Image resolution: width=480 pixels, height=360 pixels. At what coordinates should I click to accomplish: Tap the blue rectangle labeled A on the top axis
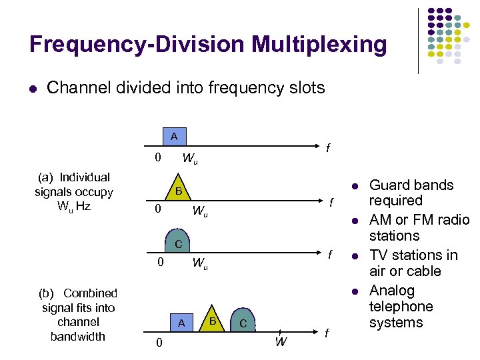click(173, 136)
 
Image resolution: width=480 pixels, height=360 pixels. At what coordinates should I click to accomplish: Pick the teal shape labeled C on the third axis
click(179, 243)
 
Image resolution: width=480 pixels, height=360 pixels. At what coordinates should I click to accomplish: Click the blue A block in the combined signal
click(180, 323)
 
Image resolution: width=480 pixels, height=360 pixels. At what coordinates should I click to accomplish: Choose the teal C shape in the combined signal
click(243, 323)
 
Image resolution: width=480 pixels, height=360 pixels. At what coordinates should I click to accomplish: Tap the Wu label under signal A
click(191, 159)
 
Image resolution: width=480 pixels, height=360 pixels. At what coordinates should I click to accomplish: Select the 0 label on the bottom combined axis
click(157, 344)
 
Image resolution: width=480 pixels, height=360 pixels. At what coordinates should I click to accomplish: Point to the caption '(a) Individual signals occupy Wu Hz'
click(74, 191)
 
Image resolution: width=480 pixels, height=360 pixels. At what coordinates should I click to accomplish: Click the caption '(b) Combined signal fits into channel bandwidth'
click(78, 315)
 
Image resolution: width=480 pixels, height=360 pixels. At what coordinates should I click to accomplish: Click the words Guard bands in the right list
click(411, 185)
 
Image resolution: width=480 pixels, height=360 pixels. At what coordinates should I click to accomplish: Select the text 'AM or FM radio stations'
click(419, 228)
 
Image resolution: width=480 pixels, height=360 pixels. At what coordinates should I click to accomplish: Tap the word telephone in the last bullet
click(401, 307)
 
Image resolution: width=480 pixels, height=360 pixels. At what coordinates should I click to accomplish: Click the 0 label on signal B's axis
click(157, 209)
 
